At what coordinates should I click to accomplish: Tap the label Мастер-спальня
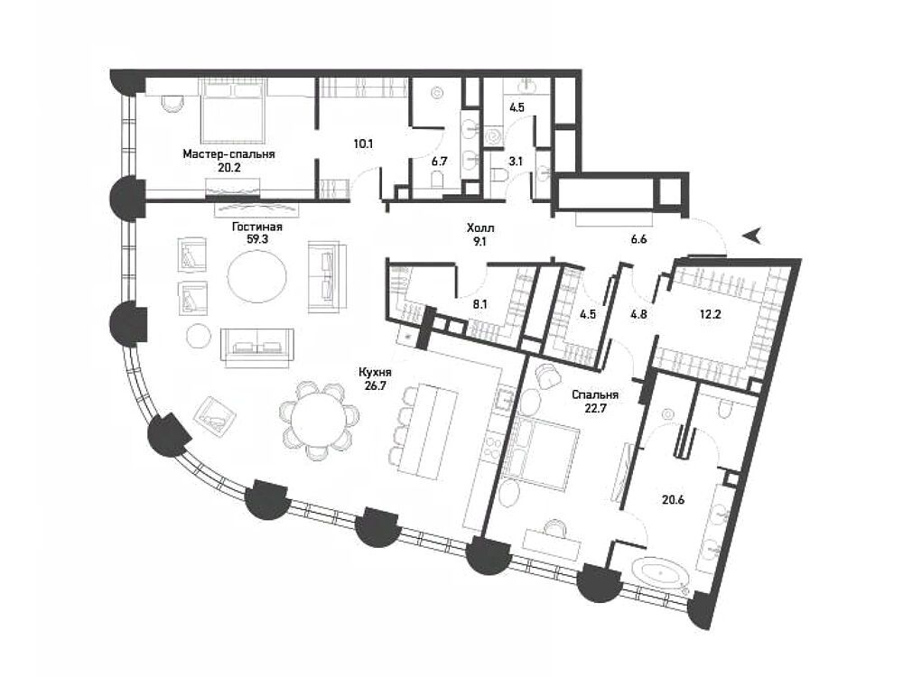pos(228,154)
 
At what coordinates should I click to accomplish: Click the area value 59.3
pos(256,239)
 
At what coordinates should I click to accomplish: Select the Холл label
pos(480,228)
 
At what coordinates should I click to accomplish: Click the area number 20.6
pos(673,500)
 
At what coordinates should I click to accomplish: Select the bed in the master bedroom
pos(233,110)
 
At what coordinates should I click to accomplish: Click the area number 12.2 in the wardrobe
pos(710,314)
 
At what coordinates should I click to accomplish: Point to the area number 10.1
pos(363,144)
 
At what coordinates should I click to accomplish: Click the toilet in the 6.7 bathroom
pos(438,181)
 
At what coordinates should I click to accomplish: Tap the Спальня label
pos(595,395)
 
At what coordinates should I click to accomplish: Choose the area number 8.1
pos(479,304)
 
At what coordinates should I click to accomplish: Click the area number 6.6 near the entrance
pos(638,239)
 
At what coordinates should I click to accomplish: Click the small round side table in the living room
pos(198,335)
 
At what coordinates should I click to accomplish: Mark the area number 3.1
pos(516,162)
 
